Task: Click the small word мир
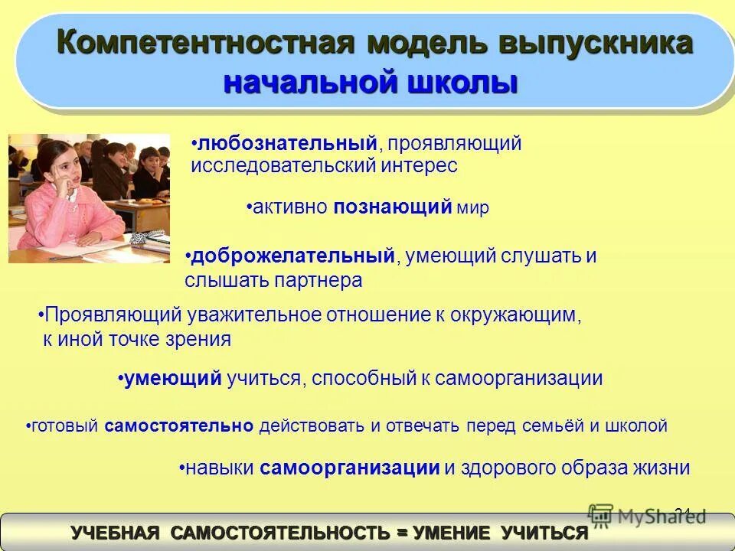tap(473, 208)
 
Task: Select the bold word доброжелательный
tap(293, 256)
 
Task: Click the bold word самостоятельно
tap(179, 426)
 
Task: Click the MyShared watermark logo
tap(647, 516)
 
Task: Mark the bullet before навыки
tap(182, 468)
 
